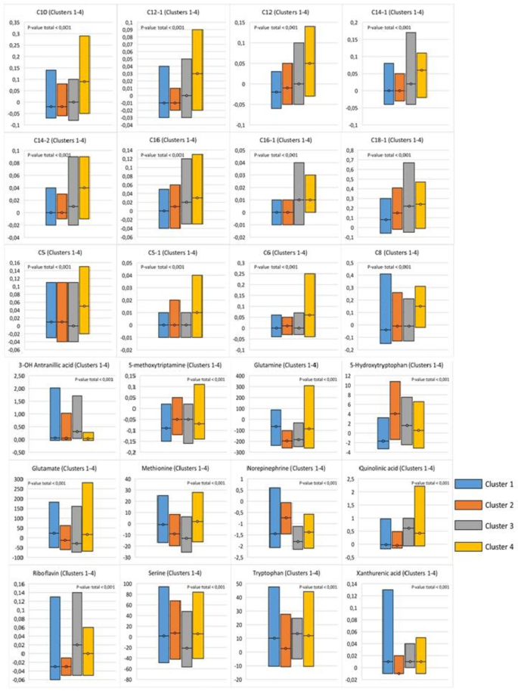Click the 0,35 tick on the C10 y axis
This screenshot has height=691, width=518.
(x=15, y=23)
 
